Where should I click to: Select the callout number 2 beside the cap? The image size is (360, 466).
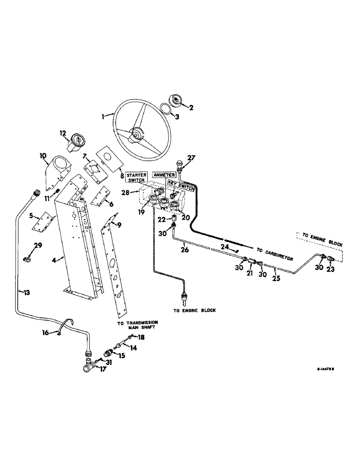coord(190,107)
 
